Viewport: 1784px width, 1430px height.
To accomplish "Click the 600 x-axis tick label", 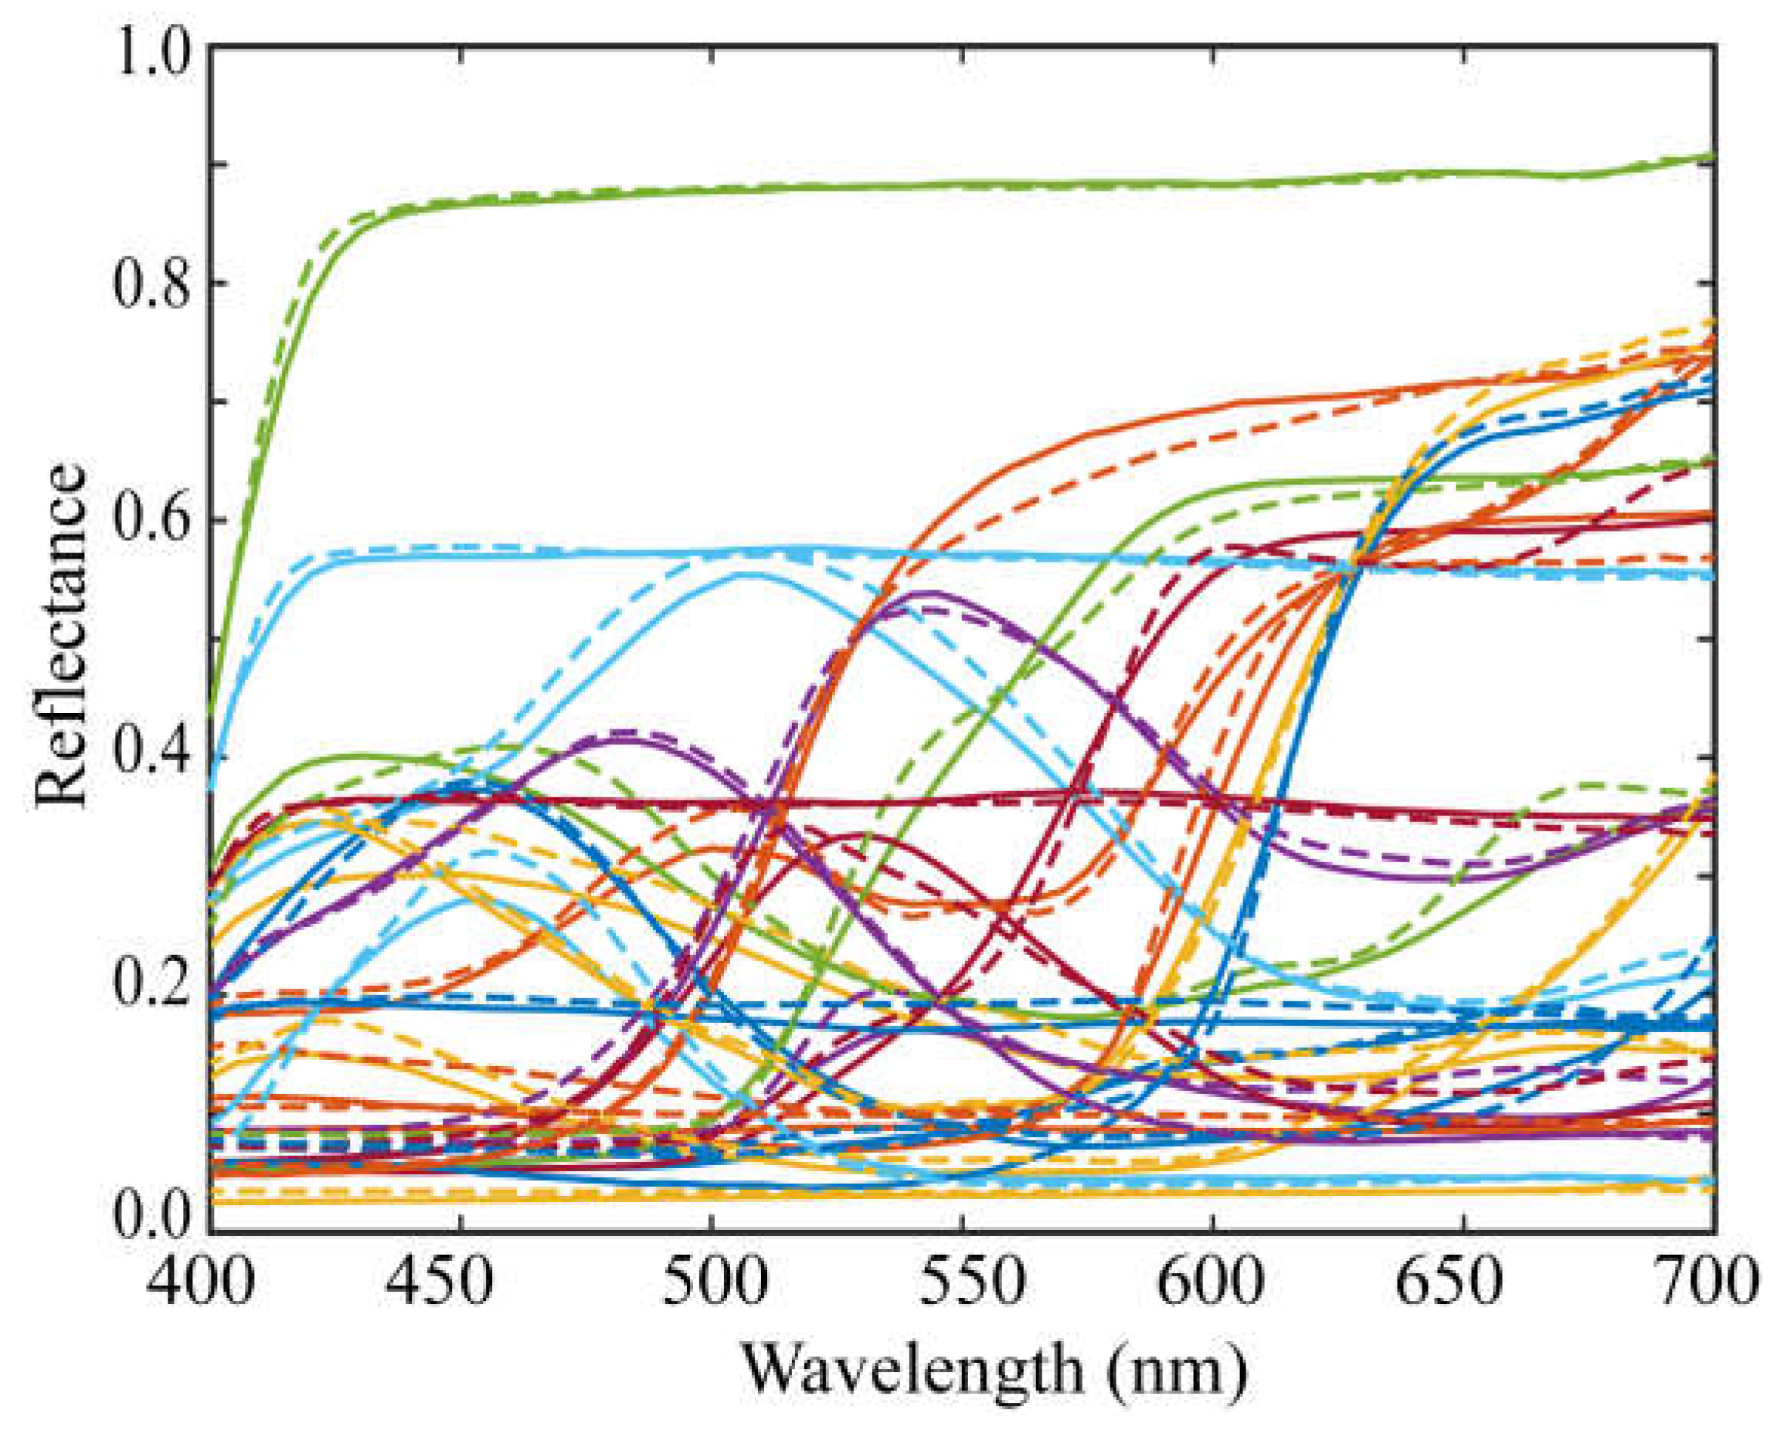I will (1213, 1288).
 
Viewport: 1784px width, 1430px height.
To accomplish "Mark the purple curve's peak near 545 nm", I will (933, 593).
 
